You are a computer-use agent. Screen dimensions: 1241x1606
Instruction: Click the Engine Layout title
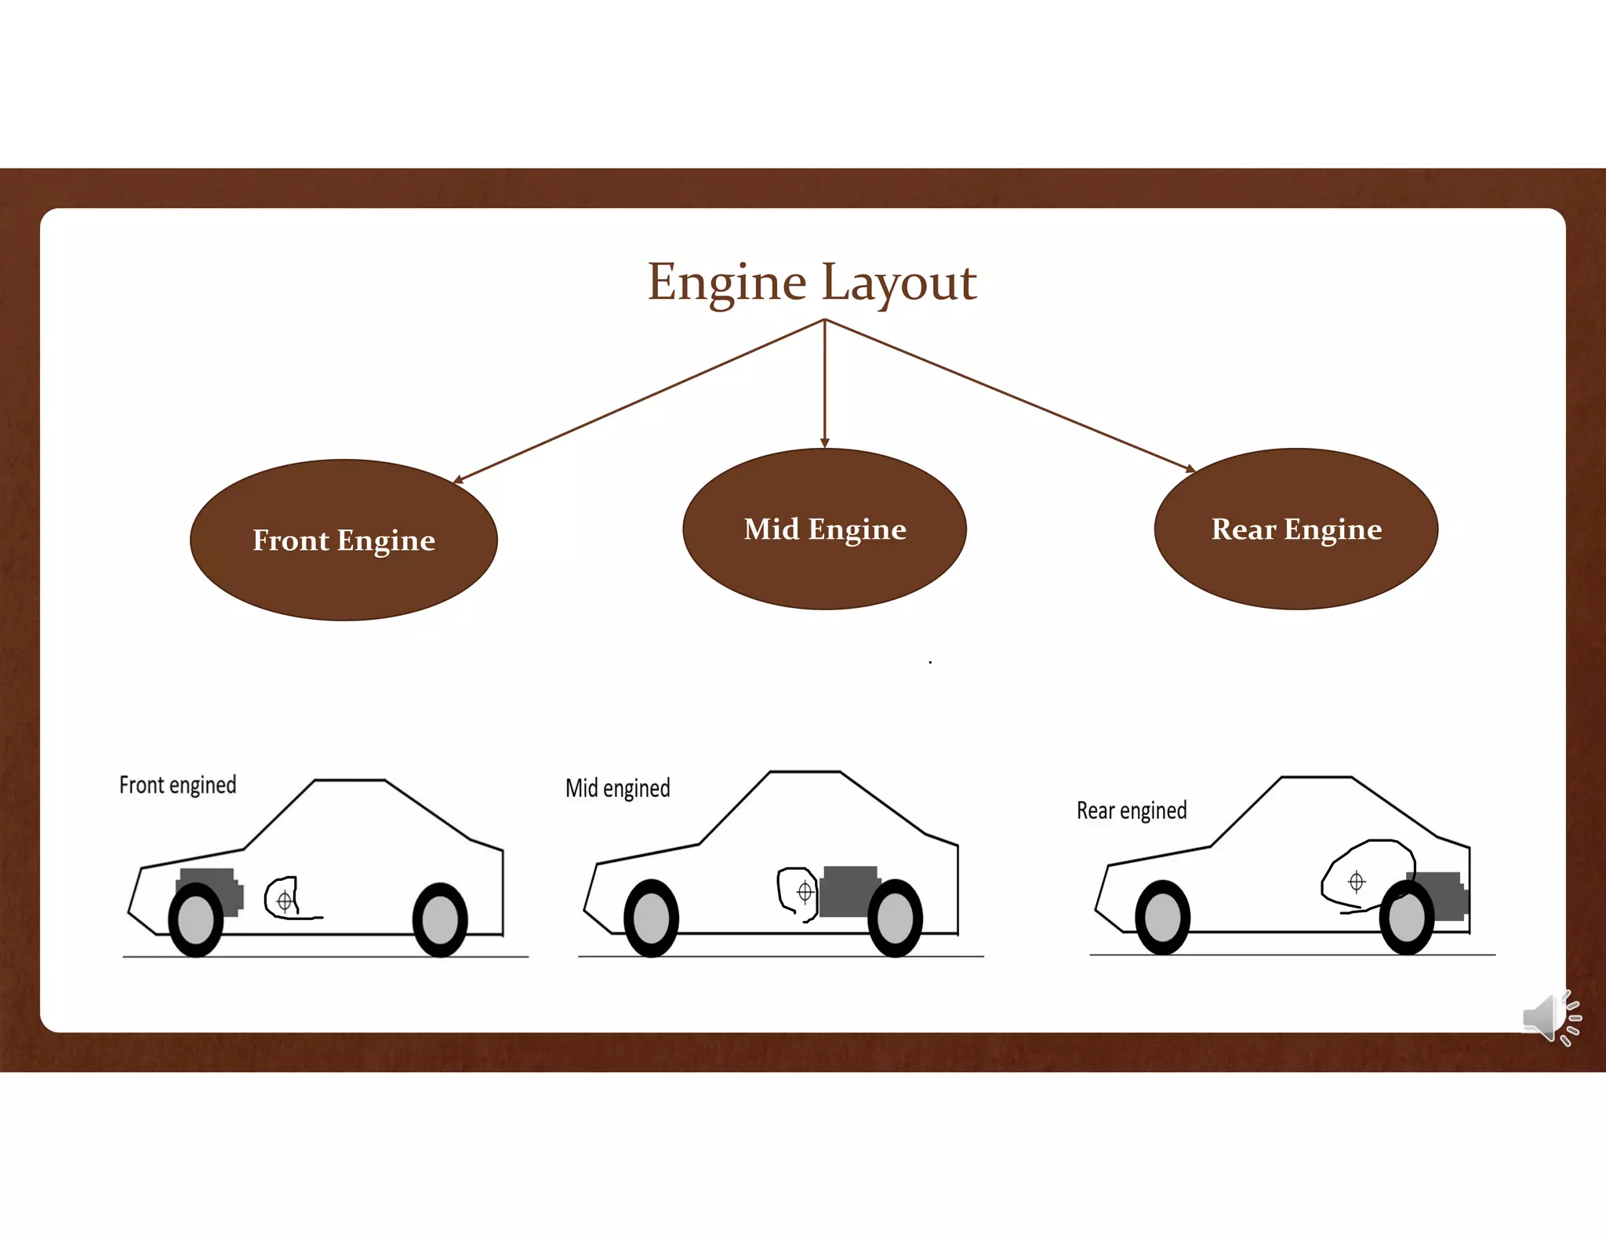pyautogui.click(x=812, y=282)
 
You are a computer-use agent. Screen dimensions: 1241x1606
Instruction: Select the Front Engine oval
pyautogui.click(x=343, y=540)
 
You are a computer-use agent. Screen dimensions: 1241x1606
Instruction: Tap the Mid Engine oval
pyautogui.click(x=824, y=530)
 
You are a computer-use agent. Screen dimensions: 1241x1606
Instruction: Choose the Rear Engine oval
pyautogui.click(x=1295, y=530)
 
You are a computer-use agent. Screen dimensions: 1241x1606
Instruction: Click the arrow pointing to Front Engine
pyautogui.click(x=639, y=400)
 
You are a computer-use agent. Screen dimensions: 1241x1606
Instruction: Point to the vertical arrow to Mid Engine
pyautogui.click(x=824, y=384)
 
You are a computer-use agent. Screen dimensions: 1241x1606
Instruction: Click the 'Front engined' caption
pyautogui.click(x=177, y=785)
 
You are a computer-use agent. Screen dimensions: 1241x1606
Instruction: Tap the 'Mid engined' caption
pyautogui.click(x=617, y=788)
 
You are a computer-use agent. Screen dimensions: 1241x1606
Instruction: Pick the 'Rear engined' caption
pyautogui.click(x=1131, y=810)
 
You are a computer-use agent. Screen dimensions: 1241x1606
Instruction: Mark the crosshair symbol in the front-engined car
pyautogui.click(x=285, y=901)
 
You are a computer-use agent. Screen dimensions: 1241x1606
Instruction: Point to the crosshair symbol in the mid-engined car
pyautogui.click(x=805, y=892)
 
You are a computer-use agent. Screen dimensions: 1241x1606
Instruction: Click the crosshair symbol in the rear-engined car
pyautogui.click(x=1356, y=882)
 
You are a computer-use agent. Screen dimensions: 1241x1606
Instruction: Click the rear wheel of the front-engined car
pyautogui.click(x=440, y=920)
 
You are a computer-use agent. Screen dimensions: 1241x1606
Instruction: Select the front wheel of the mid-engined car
pyautogui.click(x=651, y=919)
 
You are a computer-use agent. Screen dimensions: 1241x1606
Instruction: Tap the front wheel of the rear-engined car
pyautogui.click(x=1162, y=917)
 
